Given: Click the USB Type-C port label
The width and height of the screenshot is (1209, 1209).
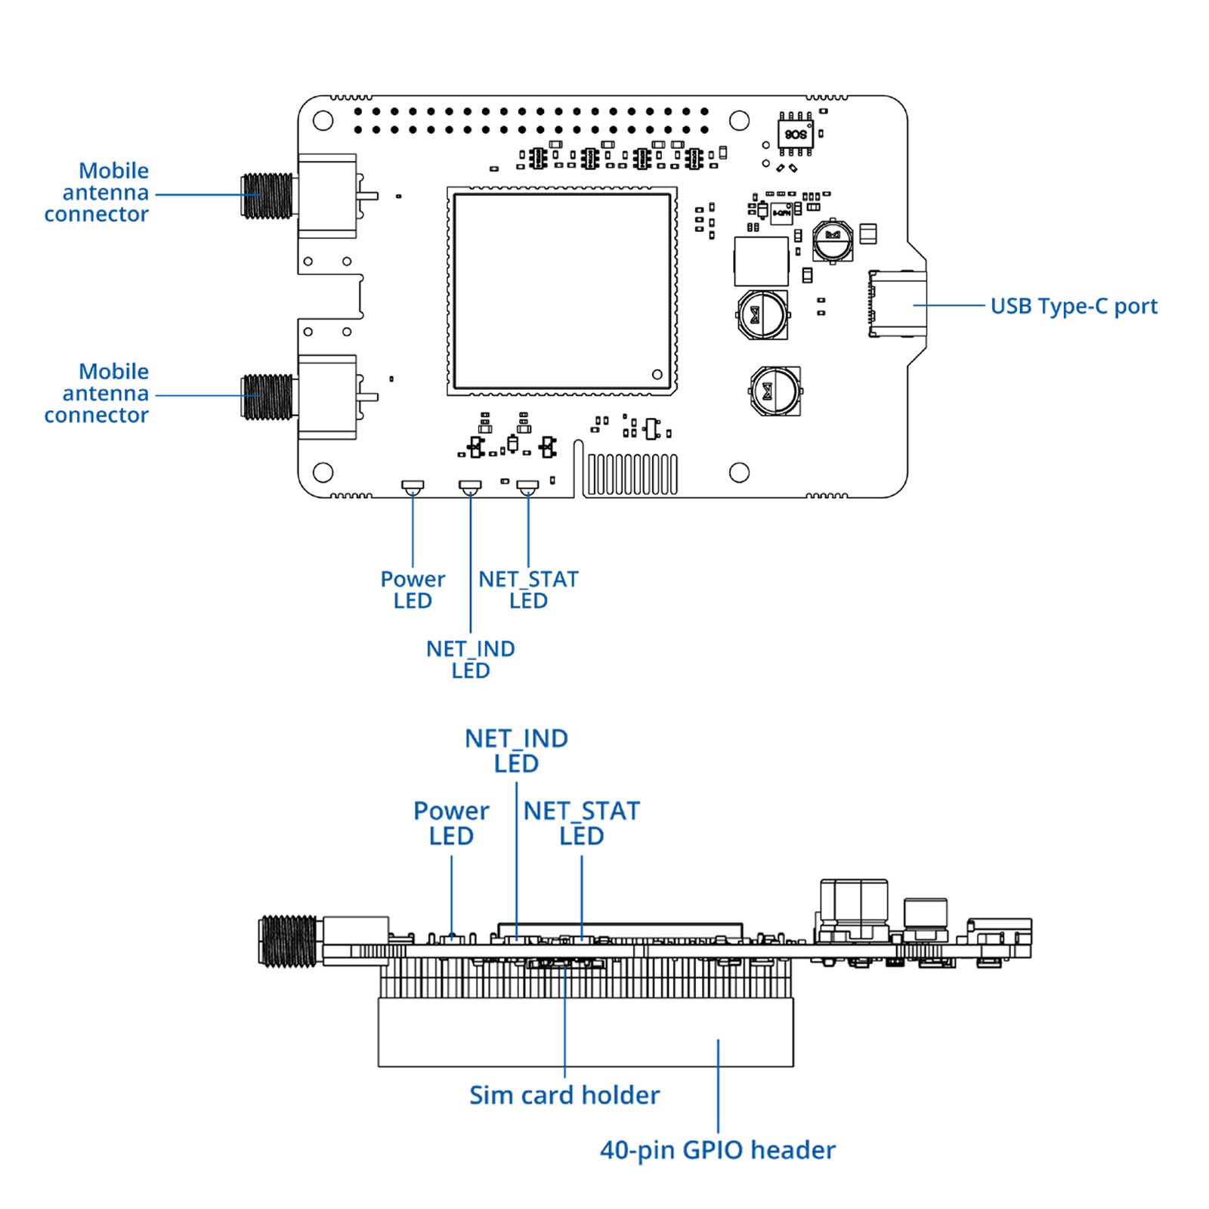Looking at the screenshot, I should (x=1073, y=306).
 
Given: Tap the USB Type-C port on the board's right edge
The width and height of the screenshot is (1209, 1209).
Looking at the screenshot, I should (x=898, y=304).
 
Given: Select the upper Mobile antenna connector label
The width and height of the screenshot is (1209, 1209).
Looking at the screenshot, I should (x=97, y=193).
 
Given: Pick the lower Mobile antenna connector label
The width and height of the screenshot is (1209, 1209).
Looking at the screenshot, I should (x=97, y=394).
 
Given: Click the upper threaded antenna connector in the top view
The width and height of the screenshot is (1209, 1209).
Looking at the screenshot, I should (x=267, y=196).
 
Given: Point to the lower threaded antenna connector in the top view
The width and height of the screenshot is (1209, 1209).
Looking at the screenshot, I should (x=267, y=396).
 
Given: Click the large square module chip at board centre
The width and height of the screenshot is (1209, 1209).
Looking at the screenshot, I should (x=561, y=291).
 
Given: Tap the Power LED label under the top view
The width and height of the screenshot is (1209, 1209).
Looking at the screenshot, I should (x=413, y=590).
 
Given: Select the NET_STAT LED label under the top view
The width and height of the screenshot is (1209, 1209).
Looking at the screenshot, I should (x=528, y=590).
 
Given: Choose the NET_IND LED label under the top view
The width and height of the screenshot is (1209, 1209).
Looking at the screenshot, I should (x=470, y=660).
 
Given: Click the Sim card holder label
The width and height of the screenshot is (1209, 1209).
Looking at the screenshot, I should (x=564, y=1095).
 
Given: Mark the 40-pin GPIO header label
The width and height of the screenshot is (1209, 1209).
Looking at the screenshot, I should (x=717, y=1150).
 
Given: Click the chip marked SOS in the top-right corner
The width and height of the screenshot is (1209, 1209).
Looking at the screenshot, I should (x=796, y=135).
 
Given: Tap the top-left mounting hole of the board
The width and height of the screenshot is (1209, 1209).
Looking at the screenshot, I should (x=323, y=121).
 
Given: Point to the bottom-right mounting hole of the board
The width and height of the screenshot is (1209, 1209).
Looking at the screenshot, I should (x=739, y=473).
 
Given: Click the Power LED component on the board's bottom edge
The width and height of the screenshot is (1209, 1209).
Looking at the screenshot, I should (x=413, y=486).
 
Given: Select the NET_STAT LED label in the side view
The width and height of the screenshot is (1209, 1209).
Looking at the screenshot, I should (x=581, y=824).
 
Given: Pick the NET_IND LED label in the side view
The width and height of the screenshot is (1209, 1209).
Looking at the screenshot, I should (x=516, y=751).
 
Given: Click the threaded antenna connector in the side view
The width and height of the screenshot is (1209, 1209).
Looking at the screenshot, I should (x=288, y=941).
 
